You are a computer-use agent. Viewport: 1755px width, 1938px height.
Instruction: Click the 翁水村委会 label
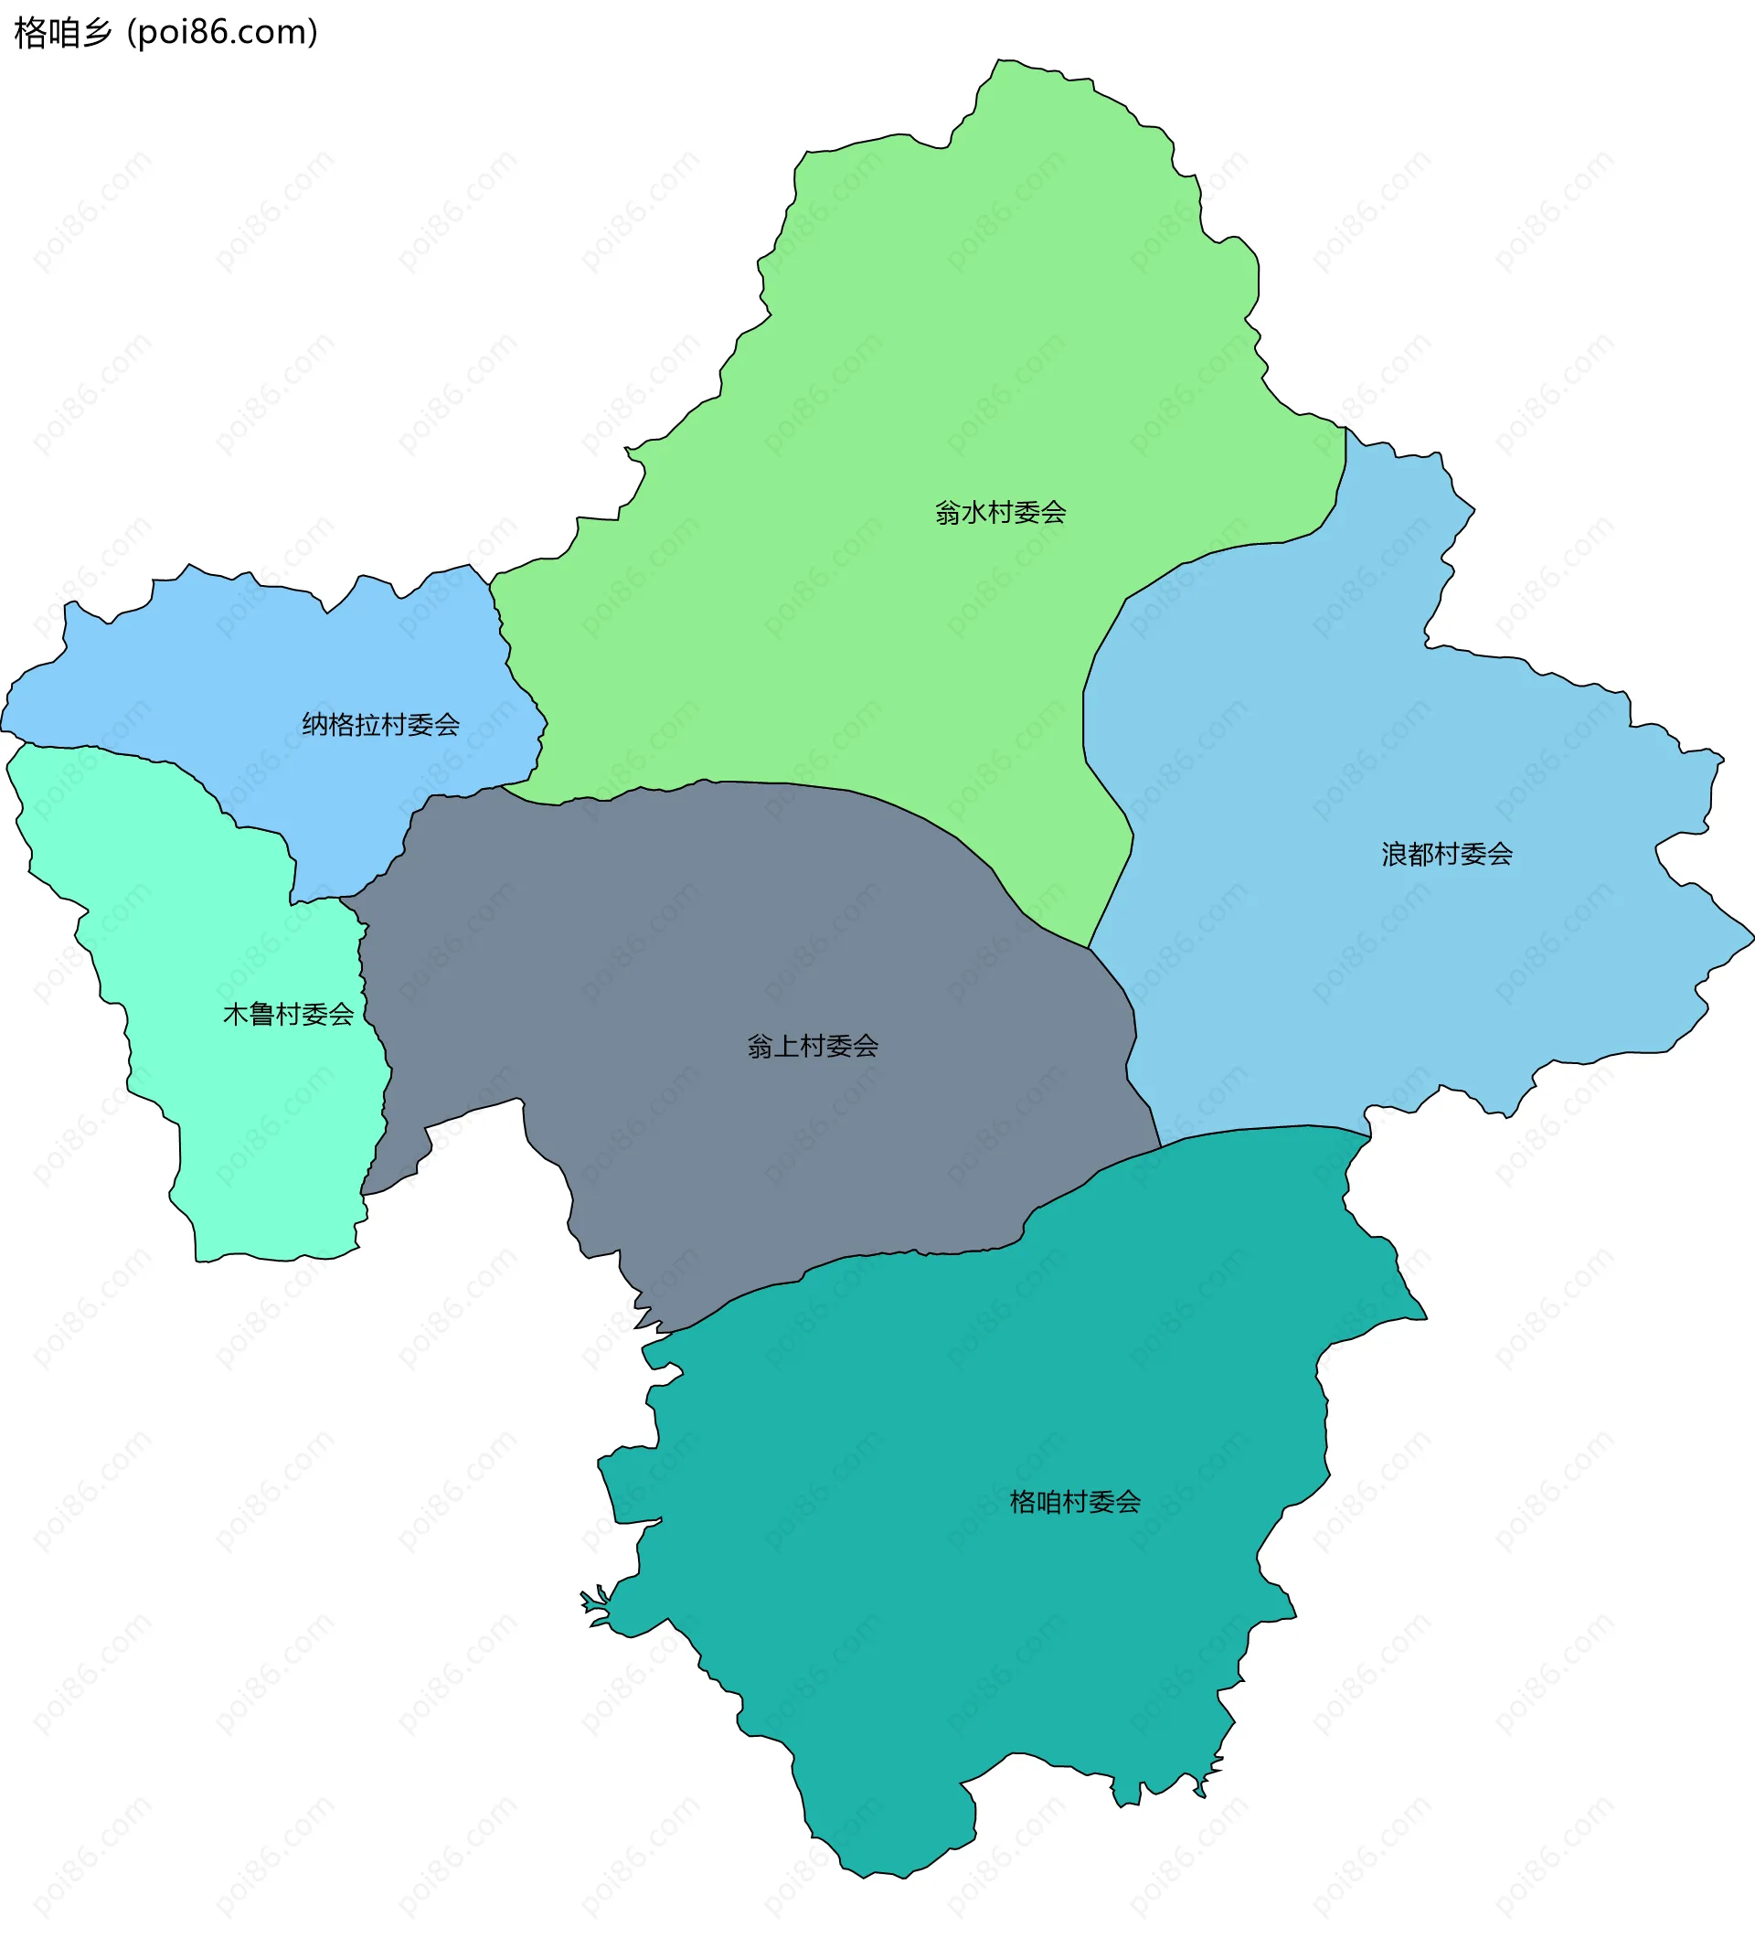pyautogui.click(x=1001, y=512)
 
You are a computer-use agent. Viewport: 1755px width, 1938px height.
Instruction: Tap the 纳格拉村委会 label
pyautogui.click(x=380, y=725)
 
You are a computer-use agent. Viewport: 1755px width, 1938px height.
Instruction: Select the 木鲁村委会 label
pyautogui.click(x=288, y=1014)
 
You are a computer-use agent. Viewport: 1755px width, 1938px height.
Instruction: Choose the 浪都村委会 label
pyautogui.click(x=1446, y=854)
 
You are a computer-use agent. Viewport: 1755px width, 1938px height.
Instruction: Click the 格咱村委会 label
pyautogui.click(x=1075, y=1502)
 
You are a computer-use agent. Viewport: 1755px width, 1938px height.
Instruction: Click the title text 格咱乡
pyautogui.click(x=63, y=33)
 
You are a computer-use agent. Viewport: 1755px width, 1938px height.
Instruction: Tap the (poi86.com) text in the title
pyautogui.click(x=223, y=33)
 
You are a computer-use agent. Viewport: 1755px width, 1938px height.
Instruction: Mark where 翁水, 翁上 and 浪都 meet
pyautogui.click(x=1088, y=949)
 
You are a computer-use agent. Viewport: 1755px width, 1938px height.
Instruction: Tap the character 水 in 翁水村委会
pyautogui.click(x=974, y=512)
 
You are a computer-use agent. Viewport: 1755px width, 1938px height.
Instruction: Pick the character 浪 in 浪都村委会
pyautogui.click(x=1395, y=854)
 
